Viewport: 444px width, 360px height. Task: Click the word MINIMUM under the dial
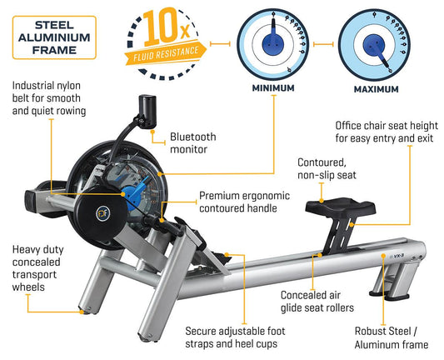[273, 87]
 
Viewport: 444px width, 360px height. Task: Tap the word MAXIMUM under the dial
[376, 89]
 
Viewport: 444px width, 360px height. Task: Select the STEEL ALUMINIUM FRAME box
[54, 37]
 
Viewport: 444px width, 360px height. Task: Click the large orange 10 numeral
[160, 27]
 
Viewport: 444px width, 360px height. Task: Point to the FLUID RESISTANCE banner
[166, 53]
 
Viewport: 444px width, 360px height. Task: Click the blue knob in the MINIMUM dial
[273, 43]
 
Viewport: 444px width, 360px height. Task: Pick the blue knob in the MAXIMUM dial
[374, 45]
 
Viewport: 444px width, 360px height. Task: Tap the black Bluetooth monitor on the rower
[147, 112]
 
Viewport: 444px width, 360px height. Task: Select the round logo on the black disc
[102, 213]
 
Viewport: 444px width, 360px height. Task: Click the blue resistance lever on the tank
[135, 193]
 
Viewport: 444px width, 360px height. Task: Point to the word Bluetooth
[192, 137]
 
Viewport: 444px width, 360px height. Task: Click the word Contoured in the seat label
[322, 162]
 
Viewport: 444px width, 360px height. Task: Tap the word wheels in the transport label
[28, 287]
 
